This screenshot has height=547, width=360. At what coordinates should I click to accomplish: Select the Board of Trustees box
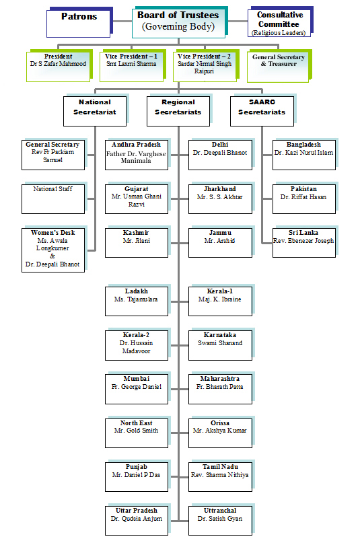(x=178, y=23)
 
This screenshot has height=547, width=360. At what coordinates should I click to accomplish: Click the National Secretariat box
(x=95, y=111)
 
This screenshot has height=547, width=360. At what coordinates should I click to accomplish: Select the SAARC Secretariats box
(x=262, y=111)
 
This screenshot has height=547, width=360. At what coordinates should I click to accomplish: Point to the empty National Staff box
(x=53, y=199)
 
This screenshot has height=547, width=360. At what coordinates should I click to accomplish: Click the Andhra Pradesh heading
(x=137, y=145)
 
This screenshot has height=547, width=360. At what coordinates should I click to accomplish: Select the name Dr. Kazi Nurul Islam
(x=303, y=153)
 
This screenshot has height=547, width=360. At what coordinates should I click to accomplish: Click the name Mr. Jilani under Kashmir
(x=137, y=241)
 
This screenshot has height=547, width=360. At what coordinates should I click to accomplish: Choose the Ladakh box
(x=137, y=301)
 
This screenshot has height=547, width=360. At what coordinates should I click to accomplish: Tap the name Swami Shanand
(x=220, y=343)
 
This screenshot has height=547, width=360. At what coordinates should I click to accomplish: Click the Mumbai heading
(x=137, y=379)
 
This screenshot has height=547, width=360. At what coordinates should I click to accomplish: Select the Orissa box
(x=220, y=433)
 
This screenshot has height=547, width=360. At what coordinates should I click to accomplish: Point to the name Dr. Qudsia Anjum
(x=137, y=519)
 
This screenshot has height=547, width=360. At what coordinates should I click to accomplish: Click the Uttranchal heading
(x=220, y=511)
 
